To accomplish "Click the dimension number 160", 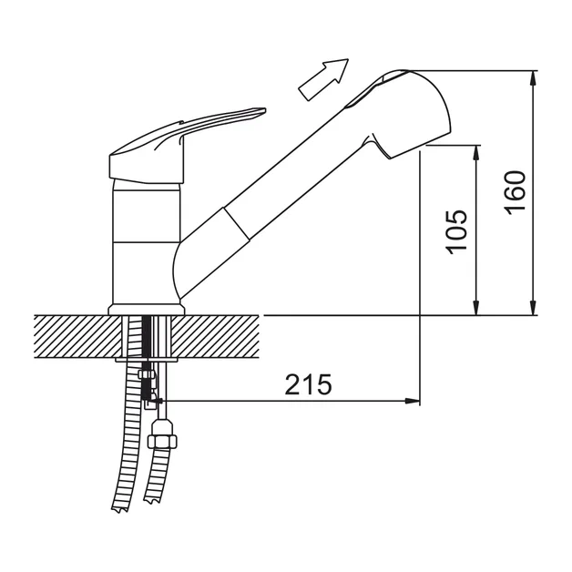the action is tap(516, 192).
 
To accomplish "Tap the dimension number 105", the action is tap(456, 232).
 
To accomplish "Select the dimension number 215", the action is tap(308, 384).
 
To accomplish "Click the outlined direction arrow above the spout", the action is tap(323, 79).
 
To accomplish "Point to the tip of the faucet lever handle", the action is tap(265, 109).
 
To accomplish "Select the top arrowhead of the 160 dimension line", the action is tap(534, 77).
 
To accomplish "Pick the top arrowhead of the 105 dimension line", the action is tap(475, 152).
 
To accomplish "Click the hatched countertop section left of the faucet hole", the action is tap(77, 336).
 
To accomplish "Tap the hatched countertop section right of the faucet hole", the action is tap(215, 336).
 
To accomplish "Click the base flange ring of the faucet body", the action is tap(147, 310).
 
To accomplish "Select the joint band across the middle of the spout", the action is tap(237, 224).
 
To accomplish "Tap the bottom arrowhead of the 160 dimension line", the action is tap(534, 307).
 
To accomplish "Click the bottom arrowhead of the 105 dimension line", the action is tap(475, 307).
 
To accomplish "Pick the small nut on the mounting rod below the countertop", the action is tap(145, 374).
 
